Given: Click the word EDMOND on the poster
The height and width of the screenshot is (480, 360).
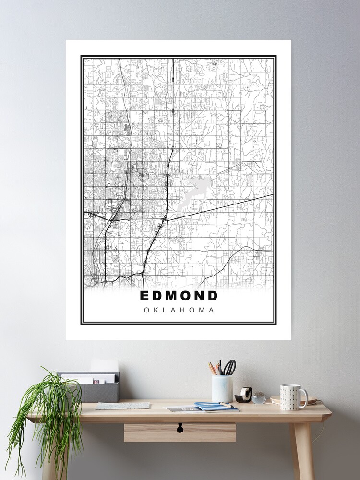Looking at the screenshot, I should click(179, 296).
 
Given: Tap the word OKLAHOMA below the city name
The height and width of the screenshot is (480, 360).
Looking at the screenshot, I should click(179, 310).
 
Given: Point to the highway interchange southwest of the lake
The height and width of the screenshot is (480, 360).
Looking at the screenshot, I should click(165, 218).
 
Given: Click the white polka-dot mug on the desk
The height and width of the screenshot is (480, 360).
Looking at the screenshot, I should click(291, 397).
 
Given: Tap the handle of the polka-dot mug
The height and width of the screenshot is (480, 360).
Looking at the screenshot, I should click(304, 397).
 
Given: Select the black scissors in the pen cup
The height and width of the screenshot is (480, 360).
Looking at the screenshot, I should click(230, 367).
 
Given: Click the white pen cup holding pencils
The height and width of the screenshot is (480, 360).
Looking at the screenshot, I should click(222, 388).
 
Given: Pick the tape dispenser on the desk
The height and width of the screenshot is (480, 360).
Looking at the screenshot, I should click(244, 395).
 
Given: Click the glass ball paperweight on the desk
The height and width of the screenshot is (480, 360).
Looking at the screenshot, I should click(259, 398).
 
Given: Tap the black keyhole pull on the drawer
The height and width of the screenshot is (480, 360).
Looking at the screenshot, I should click(180, 428).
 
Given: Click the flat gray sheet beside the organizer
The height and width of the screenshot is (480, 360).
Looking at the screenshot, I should click(122, 406).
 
